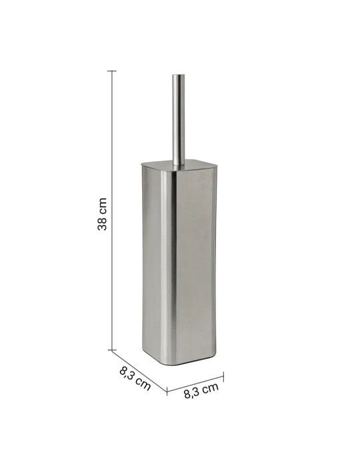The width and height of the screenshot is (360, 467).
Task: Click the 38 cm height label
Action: [x=103, y=214]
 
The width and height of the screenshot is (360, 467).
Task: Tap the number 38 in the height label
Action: [x=103, y=223]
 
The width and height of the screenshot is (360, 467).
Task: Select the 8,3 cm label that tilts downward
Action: [x=134, y=376]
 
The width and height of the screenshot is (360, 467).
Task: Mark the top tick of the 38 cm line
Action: [x=112, y=70]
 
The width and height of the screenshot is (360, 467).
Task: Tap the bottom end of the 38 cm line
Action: [x=112, y=349]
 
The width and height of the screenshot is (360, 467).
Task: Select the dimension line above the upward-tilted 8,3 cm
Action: [x=195, y=379]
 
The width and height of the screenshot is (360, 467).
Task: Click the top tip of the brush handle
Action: [x=177, y=75]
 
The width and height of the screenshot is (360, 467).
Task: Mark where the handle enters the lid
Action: [x=177, y=165]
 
